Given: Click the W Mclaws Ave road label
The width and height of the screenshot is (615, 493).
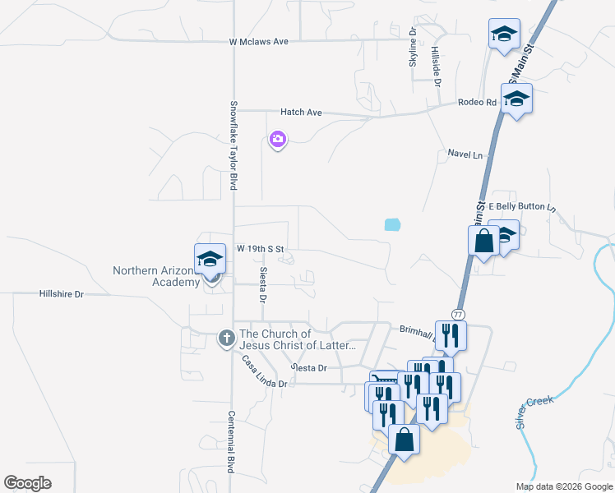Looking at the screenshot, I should click(258, 41).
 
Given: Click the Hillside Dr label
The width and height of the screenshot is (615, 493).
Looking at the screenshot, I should click(437, 67).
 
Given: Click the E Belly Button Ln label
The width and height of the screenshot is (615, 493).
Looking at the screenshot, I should click(523, 206).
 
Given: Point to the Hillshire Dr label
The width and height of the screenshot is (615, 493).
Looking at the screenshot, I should click(62, 293).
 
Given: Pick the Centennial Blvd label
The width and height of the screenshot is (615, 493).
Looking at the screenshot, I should click(232, 441).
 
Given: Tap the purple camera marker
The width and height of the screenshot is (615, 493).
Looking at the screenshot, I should click(278, 139).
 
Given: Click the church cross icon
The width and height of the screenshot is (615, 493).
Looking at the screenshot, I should click(226, 338).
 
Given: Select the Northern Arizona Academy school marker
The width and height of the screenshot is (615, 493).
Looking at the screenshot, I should click(210, 259).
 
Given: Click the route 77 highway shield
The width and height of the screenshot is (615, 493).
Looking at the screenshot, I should click(458, 315).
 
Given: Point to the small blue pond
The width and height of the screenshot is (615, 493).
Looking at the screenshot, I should click(392, 223).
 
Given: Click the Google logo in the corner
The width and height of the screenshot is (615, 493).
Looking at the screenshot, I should click(28, 483).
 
